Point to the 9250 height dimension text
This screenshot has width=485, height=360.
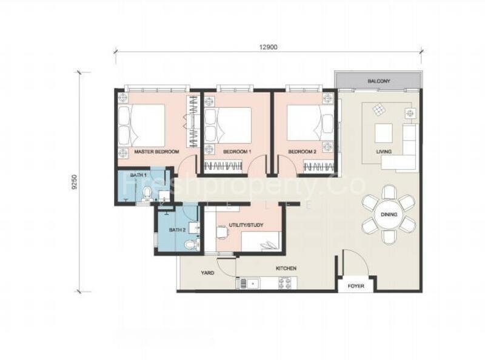75,182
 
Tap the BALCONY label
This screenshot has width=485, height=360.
378,81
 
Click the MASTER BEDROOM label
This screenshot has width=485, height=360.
156,152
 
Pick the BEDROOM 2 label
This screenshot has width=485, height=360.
302,152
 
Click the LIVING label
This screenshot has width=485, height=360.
383,152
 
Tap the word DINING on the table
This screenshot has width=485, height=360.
389,215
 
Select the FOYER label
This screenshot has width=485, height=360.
356,285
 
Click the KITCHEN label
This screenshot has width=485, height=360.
286,268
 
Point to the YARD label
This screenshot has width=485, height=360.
207,273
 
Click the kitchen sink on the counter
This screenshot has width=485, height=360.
249,282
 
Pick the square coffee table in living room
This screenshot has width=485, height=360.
383,132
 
